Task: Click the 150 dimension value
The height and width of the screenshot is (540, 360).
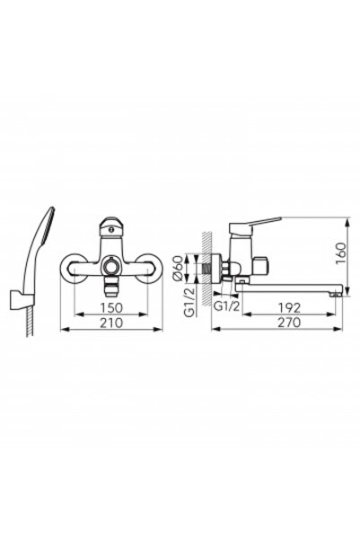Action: pos(111,307)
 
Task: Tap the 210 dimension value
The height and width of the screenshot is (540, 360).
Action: pos(111,323)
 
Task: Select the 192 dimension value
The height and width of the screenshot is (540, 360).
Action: pos(289,307)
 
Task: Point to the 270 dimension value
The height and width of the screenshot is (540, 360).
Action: pos(289,323)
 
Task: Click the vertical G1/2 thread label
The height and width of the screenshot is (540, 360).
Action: pos(189,303)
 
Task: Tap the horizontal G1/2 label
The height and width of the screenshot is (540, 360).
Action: pos(226,305)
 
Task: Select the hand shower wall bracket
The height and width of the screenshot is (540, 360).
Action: pos(16,298)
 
